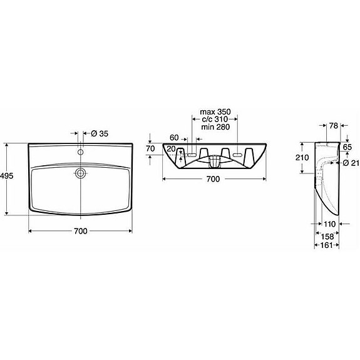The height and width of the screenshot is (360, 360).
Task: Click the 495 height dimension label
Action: click(x=7, y=176)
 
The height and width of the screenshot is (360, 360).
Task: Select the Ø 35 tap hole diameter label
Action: click(x=100, y=133)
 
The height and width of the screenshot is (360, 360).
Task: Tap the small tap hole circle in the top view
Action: click(x=81, y=152)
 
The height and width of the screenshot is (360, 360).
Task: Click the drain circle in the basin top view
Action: click(x=81, y=173)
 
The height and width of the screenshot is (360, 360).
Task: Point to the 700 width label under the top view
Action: click(x=81, y=231)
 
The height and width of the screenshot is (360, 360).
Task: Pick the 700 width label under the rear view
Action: click(x=213, y=179)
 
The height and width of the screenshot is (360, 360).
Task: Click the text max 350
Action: click(x=215, y=112)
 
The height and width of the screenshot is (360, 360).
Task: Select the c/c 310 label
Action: click(x=215, y=119)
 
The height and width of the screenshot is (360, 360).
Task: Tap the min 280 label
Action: click(x=215, y=126)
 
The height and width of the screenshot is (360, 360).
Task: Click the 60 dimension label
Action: click(x=174, y=138)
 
